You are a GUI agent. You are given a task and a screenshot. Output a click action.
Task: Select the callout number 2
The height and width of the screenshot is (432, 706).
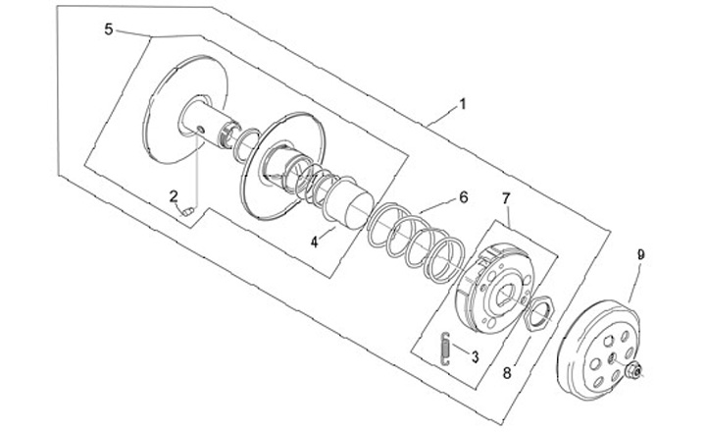[173, 195]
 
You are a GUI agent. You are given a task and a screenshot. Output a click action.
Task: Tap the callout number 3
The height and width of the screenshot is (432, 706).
[474, 357]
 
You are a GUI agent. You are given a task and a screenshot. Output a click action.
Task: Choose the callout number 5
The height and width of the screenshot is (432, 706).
[108, 29]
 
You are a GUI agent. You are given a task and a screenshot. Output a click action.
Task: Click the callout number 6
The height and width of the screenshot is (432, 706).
[463, 196]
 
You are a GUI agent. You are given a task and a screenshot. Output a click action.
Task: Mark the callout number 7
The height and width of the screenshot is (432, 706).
[506, 199]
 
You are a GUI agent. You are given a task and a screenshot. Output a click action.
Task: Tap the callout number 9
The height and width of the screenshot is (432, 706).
[640, 254]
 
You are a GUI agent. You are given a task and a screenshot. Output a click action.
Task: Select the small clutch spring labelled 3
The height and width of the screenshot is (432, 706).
[446, 349]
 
